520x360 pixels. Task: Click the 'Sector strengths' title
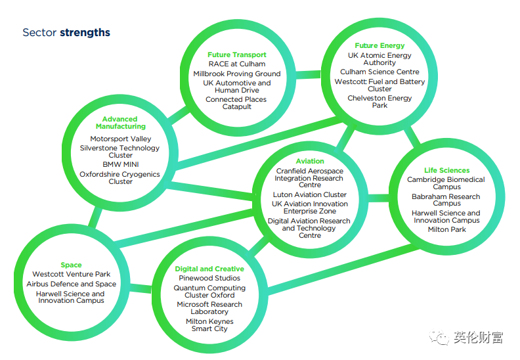(x=66, y=33)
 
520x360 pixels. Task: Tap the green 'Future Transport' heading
(x=237, y=55)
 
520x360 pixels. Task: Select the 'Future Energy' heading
(x=379, y=46)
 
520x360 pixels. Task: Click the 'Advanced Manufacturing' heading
(x=120, y=123)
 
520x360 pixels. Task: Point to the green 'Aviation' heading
(x=310, y=161)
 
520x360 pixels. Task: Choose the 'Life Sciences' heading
(x=446, y=170)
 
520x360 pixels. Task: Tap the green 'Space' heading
(x=72, y=265)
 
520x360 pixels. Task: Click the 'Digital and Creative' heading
(x=209, y=269)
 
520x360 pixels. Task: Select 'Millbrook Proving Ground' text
(x=237, y=74)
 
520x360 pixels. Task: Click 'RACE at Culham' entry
(x=237, y=64)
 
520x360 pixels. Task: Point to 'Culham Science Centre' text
(x=379, y=72)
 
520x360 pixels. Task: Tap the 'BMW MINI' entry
(x=121, y=164)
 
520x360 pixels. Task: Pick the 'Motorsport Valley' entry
(x=121, y=139)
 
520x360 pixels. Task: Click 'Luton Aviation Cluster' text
(x=310, y=195)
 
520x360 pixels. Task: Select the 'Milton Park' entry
(x=446, y=229)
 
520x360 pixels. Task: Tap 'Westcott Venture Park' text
(x=72, y=275)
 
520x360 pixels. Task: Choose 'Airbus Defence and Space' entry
(x=72, y=284)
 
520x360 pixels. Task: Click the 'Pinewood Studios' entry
(x=209, y=279)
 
